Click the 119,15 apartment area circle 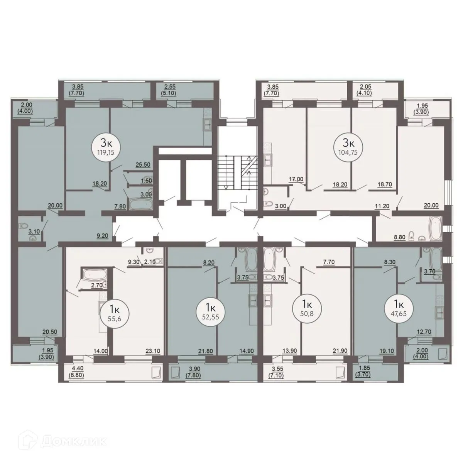click(106, 147)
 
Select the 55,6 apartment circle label click(115, 313)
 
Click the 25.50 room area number click(143, 165)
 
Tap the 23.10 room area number click(153, 351)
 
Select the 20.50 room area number click(50, 332)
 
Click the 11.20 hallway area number click(382, 206)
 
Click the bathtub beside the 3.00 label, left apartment click(142, 204)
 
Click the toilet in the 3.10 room click(24, 226)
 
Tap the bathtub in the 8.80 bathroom click(435, 228)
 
